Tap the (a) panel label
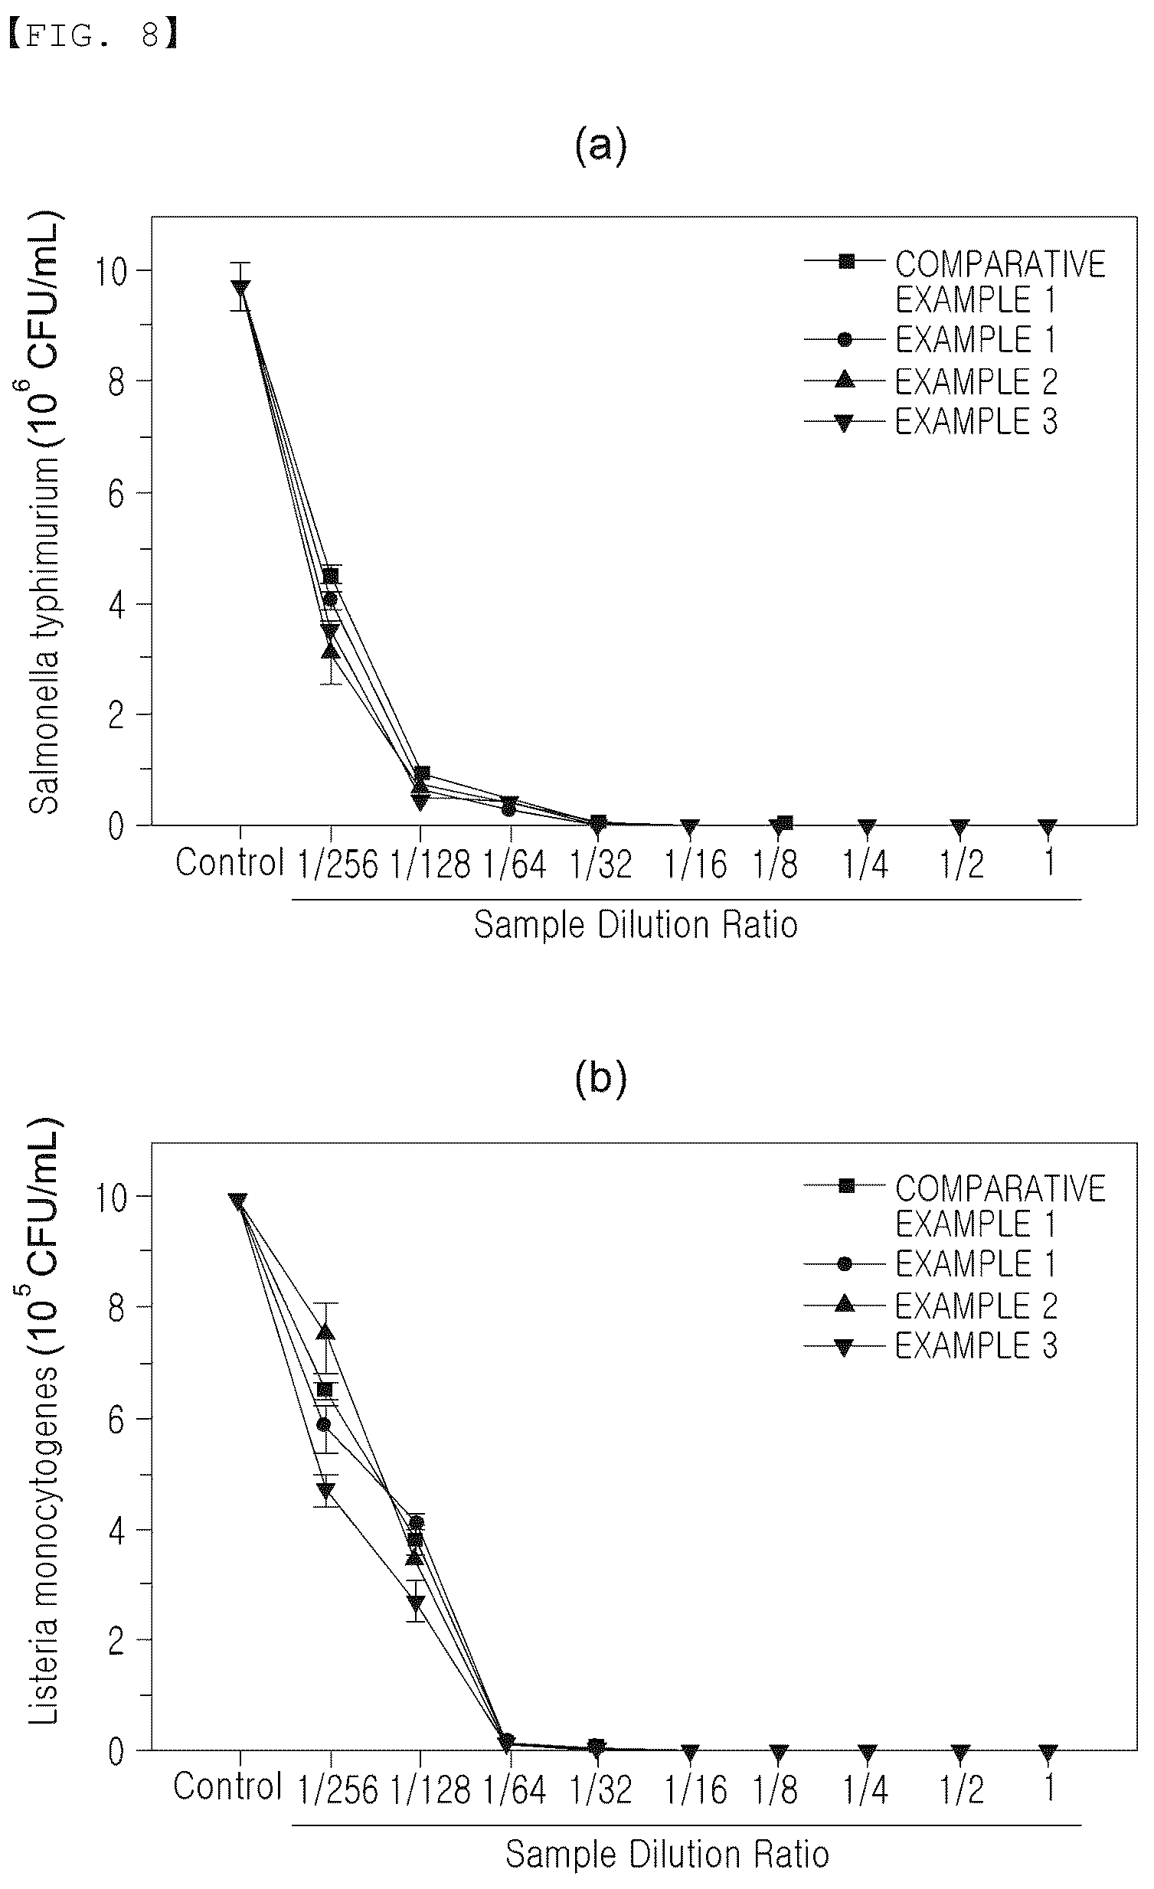coord(600,145)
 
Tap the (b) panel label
coord(600,1077)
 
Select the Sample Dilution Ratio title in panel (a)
coord(636,924)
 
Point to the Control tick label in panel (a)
coord(230,862)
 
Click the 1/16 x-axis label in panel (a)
coord(695,864)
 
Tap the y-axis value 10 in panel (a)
coord(110,271)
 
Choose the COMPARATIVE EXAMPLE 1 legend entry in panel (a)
coord(955,281)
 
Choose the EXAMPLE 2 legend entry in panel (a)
coord(931,381)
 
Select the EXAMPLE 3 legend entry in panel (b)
coord(931,1345)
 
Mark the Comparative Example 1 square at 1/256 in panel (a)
coord(331,577)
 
